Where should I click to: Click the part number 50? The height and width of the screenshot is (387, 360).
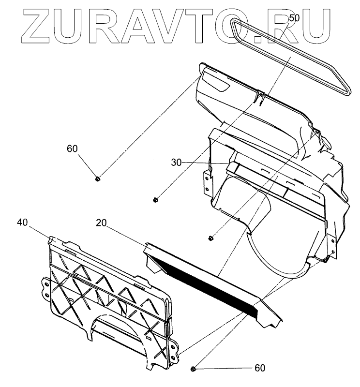click(x=294, y=18)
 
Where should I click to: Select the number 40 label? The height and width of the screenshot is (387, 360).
click(x=22, y=222)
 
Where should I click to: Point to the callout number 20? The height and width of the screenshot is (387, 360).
click(x=101, y=223)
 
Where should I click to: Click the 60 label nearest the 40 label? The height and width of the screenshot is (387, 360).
click(x=72, y=149)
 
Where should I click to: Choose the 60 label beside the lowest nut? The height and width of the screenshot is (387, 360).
click(x=260, y=368)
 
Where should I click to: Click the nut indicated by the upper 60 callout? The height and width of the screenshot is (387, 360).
click(x=98, y=179)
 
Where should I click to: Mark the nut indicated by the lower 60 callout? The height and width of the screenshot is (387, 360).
click(x=194, y=369)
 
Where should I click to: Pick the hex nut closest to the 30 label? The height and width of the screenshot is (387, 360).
click(x=156, y=199)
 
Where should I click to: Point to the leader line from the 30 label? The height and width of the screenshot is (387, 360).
click(x=203, y=164)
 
